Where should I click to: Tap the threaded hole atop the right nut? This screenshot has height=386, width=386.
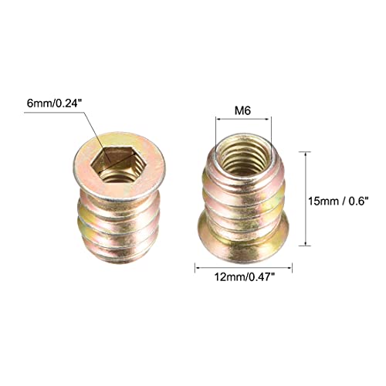click(x=242, y=150)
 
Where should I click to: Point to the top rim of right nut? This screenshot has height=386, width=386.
click(x=242, y=133)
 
